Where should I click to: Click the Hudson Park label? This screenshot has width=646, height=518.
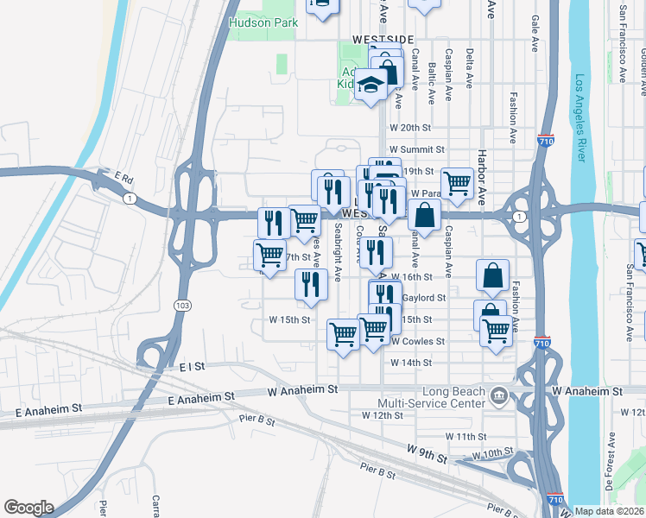coord(263,23)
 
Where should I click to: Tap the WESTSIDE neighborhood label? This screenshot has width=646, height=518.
coord(383,40)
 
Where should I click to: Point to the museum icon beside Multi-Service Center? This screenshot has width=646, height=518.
coord(498,397)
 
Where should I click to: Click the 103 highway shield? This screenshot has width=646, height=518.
coord(182,306)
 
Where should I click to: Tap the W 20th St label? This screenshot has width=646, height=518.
coord(409,127)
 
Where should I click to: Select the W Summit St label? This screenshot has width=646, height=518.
coord(416,149)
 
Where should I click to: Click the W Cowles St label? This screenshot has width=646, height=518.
coord(417,341)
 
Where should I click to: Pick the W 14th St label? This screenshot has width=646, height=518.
coord(410,363)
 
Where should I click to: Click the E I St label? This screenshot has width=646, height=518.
coord(192,367)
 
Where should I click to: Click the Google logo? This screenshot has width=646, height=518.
coord(28,508)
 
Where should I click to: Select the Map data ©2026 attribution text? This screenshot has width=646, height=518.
coord(610,511)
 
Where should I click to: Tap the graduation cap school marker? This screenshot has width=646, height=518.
coord(371,86)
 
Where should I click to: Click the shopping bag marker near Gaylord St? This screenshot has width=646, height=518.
coord(492,275)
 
